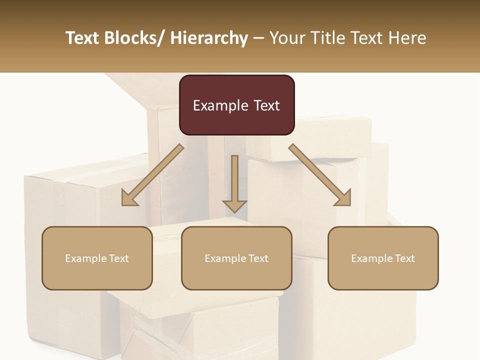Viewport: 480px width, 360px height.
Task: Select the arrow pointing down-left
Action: click(x=152, y=175)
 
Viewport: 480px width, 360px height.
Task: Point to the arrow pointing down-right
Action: click(x=320, y=175)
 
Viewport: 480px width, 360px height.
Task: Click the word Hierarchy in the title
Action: click(x=209, y=38)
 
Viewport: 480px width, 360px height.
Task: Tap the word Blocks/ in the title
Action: click(x=132, y=38)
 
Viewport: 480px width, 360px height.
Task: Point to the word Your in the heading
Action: click(x=287, y=38)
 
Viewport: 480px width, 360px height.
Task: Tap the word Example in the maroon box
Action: click(x=220, y=105)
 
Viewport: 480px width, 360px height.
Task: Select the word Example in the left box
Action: click(x=85, y=258)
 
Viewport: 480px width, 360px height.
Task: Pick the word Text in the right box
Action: click(x=403, y=258)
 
